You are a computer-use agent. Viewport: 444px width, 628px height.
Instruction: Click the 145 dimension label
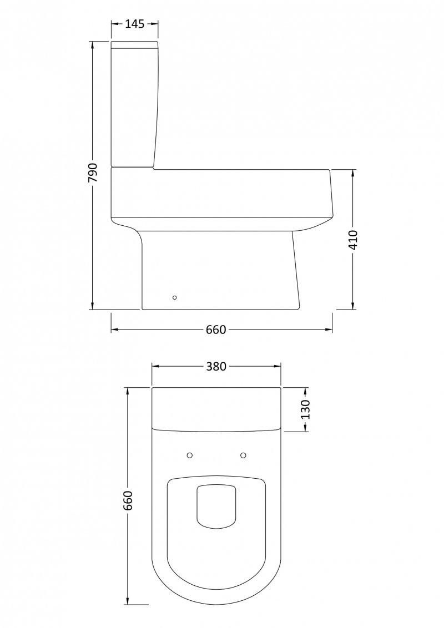click(135, 24)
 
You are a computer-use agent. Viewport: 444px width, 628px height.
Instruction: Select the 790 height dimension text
click(93, 173)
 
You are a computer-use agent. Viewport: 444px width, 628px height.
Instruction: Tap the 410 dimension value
click(353, 240)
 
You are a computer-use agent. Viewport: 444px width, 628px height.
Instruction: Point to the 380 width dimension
click(216, 366)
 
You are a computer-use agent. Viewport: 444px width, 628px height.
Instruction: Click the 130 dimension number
click(306, 409)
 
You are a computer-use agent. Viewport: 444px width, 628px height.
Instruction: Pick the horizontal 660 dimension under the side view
click(216, 330)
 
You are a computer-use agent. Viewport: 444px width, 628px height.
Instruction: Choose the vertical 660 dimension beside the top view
click(128, 500)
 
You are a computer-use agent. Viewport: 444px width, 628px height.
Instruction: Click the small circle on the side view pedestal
click(174, 297)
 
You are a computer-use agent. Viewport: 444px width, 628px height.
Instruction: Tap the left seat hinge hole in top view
click(190, 455)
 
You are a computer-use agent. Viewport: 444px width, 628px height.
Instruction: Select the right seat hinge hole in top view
click(243, 455)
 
